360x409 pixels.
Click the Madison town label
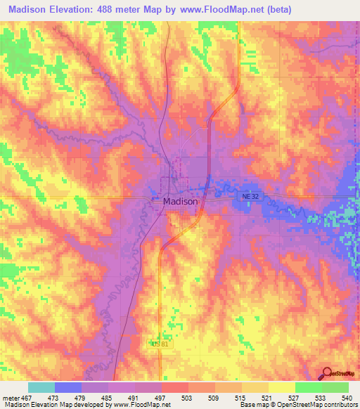180,200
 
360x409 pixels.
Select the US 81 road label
159,344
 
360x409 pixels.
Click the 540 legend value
348,396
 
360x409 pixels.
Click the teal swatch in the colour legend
41,387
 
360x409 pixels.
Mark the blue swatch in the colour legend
67,387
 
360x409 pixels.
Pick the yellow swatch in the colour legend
281,387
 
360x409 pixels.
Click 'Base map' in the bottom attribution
253,405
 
